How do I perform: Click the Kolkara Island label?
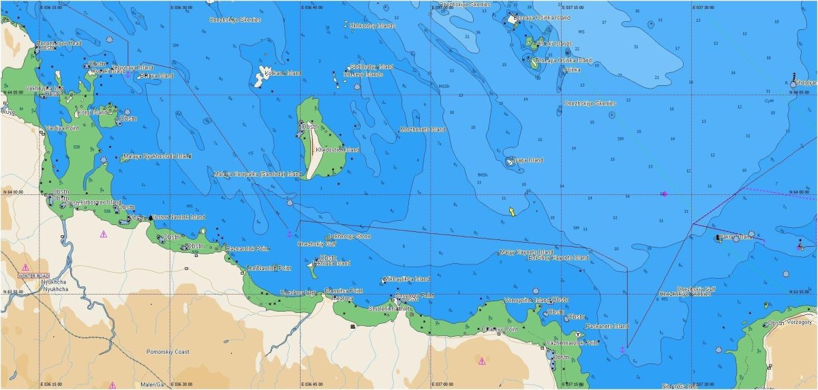283,73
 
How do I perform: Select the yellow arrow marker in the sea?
511,211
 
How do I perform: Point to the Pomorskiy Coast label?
168,352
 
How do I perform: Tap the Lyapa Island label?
528,160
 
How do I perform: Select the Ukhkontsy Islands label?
372,25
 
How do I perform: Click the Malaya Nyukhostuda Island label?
157,156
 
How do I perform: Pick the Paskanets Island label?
607,327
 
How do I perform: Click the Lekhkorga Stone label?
350,236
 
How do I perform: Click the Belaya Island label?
156,76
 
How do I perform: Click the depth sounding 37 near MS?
604,22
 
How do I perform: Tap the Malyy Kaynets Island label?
525,252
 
